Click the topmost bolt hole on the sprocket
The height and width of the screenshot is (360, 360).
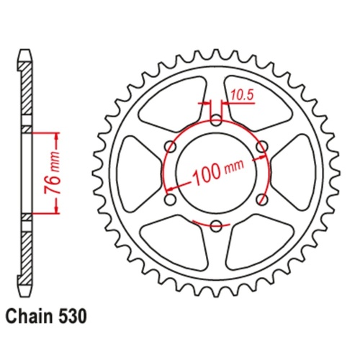click(216, 120)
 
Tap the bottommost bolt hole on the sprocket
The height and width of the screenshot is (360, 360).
click(216, 225)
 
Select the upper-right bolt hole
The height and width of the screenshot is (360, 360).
click(261, 147)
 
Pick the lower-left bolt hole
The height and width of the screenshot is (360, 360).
click(171, 199)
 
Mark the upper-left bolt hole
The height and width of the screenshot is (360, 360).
click(171, 147)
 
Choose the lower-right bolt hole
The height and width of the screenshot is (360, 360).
click(261, 199)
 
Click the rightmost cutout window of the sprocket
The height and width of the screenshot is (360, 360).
click(297, 173)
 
